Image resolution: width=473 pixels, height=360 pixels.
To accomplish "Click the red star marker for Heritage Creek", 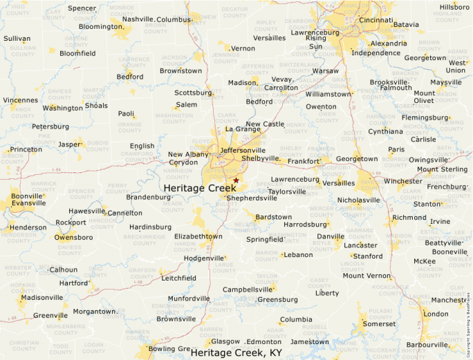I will (236, 180).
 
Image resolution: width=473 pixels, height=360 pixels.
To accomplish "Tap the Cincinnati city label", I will (375, 20).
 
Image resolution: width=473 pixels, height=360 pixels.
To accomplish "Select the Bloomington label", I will (100, 27).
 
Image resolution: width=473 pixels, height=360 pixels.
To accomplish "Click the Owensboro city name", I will (75, 237).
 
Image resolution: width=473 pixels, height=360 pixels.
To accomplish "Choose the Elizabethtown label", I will (198, 236).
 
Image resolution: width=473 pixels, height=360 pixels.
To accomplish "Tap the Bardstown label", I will (273, 217).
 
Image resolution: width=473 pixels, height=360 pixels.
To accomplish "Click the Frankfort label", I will (304, 161).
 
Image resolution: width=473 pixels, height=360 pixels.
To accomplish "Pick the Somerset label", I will (380, 323).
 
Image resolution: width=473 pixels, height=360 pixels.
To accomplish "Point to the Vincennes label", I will (20, 100).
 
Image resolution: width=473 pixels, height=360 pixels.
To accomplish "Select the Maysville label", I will (445, 82).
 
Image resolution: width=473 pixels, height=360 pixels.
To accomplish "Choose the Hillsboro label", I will (454, 7).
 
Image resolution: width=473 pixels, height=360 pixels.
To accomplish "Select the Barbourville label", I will (427, 344).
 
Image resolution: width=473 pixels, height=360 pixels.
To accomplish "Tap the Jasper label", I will (70, 144).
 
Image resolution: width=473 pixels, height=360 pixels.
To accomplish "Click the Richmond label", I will (409, 217).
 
